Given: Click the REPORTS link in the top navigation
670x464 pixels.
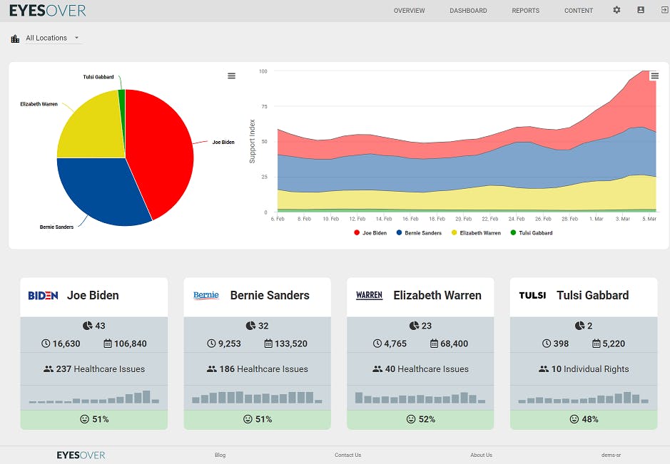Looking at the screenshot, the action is (x=526, y=11).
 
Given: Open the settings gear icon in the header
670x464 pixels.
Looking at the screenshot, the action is (x=616, y=10).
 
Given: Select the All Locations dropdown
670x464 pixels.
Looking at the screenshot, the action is (x=52, y=38).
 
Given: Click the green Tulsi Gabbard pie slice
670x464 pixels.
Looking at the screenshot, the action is (x=122, y=96).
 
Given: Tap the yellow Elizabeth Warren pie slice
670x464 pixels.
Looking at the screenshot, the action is (x=94, y=128).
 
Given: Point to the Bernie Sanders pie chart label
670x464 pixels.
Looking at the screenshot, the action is (x=56, y=227).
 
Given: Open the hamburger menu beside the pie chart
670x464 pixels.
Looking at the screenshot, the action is (x=232, y=76).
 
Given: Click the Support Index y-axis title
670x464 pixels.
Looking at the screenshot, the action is (x=252, y=141).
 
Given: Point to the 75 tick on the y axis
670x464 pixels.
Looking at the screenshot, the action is (x=265, y=106).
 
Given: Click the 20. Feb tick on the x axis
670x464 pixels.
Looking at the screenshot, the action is (x=464, y=219).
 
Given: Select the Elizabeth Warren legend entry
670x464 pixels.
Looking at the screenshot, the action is (x=476, y=232).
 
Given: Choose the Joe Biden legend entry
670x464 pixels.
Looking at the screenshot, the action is (x=370, y=232).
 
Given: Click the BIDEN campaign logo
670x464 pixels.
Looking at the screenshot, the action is (x=43, y=295).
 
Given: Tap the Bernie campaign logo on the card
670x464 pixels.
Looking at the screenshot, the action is (x=206, y=295).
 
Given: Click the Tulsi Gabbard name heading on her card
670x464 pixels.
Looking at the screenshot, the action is (x=593, y=295).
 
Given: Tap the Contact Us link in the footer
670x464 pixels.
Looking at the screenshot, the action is (x=347, y=455).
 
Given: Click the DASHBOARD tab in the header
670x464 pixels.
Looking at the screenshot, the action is (x=468, y=11).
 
